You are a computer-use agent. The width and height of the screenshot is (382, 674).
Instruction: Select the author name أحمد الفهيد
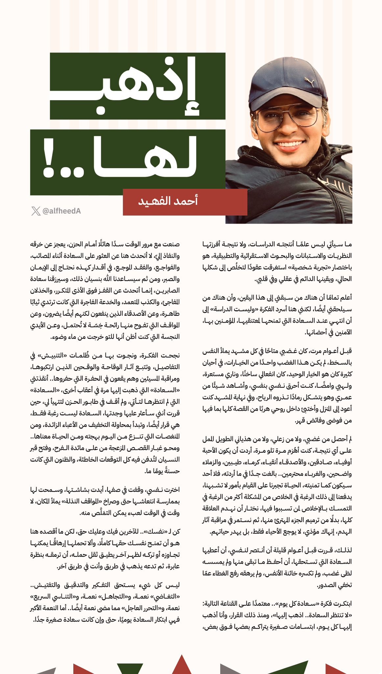[168, 201]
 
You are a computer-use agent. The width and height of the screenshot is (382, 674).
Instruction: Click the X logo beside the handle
[36, 211]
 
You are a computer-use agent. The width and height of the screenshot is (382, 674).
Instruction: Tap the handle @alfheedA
[62, 211]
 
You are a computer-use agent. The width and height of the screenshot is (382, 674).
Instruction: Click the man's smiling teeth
[289, 144]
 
